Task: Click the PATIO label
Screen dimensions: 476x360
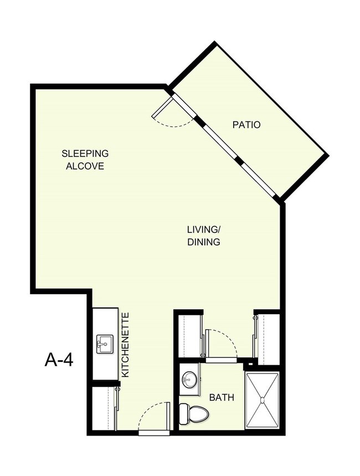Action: tap(246, 125)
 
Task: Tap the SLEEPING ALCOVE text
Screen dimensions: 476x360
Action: tap(85, 160)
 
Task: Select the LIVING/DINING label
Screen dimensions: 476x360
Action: tap(203, 236)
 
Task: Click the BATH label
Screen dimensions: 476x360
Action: tap(221, 397)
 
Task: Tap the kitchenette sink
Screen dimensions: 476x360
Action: tap(105, 344)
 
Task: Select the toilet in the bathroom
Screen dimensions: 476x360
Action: tap(193, 413)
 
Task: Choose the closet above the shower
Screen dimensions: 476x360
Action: tap(268, 338)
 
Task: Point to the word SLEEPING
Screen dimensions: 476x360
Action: tap(85, 153)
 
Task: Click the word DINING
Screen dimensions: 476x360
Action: tap(203, 242)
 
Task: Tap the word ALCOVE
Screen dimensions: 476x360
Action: tap(85, 166)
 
